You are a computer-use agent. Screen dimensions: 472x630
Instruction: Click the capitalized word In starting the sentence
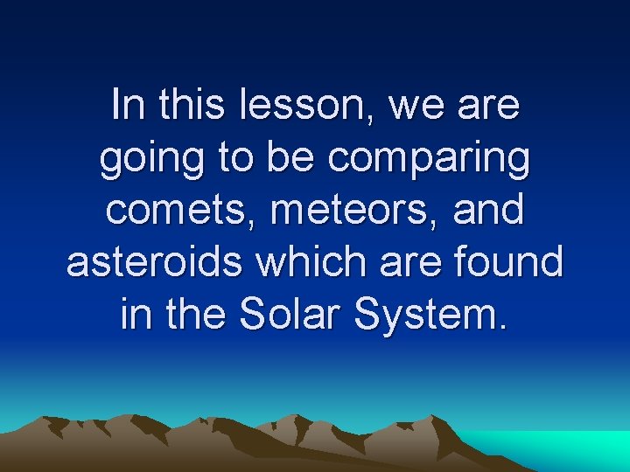pos(129,106)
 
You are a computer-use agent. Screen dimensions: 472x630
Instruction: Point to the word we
pos(413,106)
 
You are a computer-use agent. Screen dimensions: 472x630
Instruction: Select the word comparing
pos(428,160)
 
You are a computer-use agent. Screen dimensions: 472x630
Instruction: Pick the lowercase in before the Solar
pos(134,314)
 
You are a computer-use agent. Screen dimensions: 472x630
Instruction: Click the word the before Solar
pos(198,314)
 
